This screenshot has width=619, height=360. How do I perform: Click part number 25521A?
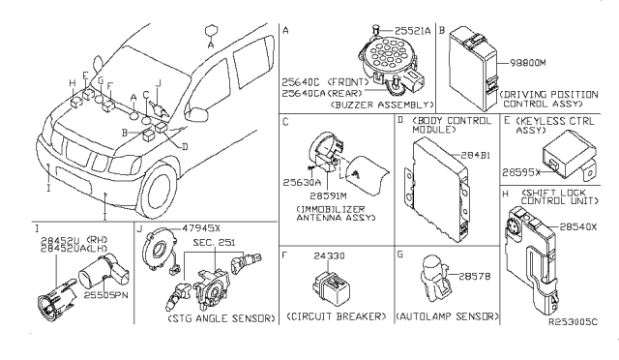[413, 31]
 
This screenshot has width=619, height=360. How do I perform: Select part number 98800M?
[527, 63]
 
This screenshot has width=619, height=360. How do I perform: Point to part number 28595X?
[521, 172]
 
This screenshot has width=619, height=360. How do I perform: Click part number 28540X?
[578, 227]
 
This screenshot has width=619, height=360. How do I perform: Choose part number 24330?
[329, 256]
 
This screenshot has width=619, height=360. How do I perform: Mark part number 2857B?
[475, 277]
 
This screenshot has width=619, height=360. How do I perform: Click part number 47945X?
[201, 228]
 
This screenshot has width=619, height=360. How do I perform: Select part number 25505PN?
[105, 295]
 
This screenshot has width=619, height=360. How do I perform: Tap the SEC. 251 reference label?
[214, 242]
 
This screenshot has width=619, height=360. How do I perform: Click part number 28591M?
[328, 196]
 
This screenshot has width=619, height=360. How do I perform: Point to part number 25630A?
[302, 183]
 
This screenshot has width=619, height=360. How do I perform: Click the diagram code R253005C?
[574, 322]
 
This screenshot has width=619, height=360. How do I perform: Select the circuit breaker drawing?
[332, 287]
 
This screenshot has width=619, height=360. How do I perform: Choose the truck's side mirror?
[197, 114]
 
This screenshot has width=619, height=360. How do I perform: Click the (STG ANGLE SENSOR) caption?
[221, 318]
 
